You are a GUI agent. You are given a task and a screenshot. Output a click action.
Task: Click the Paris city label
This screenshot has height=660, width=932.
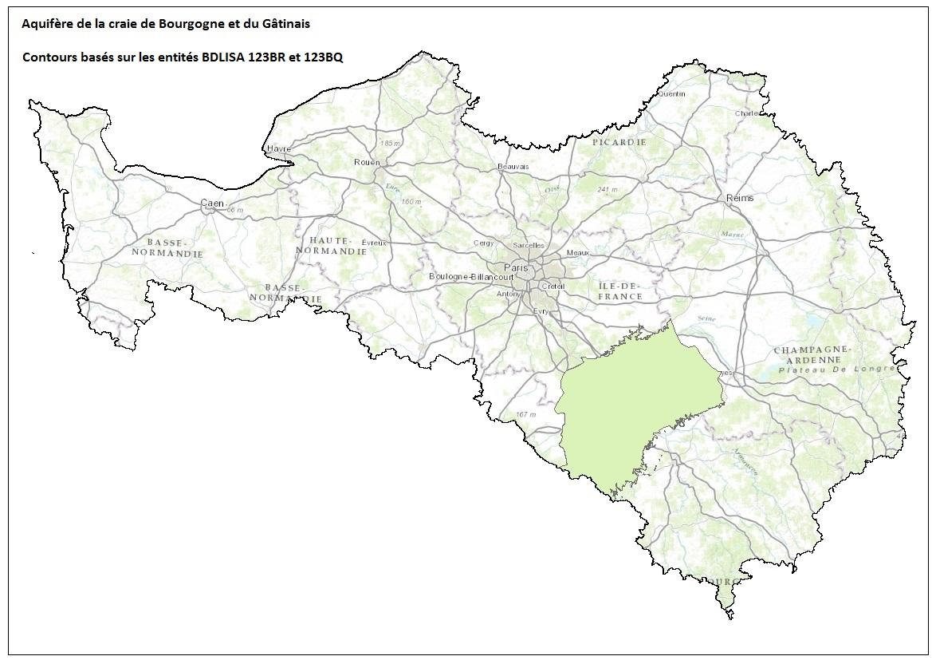tap(512, 267)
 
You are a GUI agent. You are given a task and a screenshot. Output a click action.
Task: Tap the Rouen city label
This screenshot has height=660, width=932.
tap(367, 162)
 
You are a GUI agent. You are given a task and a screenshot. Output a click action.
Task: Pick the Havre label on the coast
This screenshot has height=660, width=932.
tap(279, 149)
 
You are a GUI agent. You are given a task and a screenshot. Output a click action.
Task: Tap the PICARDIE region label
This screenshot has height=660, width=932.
tap(619, 142)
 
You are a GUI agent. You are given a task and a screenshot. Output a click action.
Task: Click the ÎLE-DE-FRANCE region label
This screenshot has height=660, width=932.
tap(619, 290)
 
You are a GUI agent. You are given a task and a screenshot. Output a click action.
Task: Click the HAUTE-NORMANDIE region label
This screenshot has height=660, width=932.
tap(332, 246)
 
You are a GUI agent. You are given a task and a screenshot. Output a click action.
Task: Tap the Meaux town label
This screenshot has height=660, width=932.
tap(576, 252)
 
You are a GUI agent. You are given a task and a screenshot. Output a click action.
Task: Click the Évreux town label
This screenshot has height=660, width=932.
tap(373, 242)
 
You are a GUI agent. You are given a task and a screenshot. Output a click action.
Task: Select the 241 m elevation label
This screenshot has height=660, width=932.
tap(608, 190)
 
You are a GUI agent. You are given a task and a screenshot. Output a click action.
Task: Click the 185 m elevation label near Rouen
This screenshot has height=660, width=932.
tap(391, 143)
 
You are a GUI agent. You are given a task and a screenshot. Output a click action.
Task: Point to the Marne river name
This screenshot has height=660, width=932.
tap(731, 235)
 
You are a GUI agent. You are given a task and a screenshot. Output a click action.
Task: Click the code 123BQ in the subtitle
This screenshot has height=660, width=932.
tap(323, 57)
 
